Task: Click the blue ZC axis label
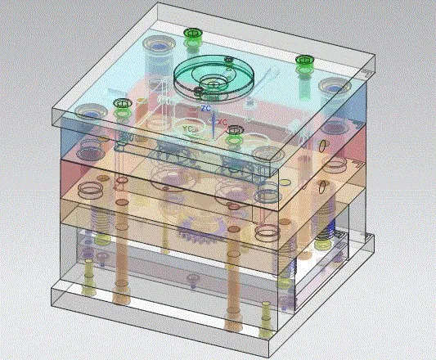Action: tap(205, 107)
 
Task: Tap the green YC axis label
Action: tap(189, 129)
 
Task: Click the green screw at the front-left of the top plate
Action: tap(123, 103)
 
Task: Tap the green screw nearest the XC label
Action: tap(236, 130)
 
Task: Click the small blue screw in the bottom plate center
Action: tap(192, 281)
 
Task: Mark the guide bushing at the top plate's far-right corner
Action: tap(335, 86)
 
